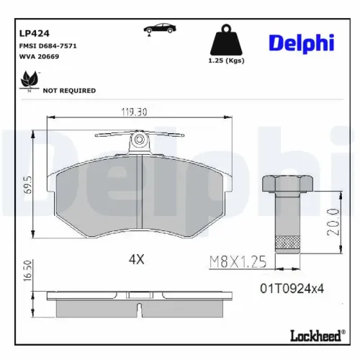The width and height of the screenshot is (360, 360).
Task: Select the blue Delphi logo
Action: (301, 42)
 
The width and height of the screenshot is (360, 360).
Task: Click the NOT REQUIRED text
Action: (69, 91)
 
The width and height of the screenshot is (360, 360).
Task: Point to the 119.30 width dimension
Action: (135, 112)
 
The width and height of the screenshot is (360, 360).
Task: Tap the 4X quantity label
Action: (136, 259)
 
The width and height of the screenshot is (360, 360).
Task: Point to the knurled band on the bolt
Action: (287, 241)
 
